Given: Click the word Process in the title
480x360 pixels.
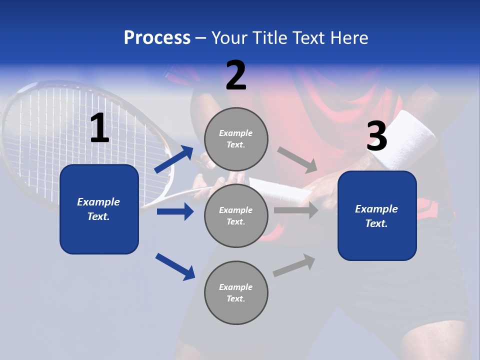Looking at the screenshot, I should (x=157, y=38).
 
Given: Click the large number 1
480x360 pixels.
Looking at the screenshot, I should (x=99, y=128).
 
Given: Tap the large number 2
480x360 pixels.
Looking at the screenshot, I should (x=236, y=75).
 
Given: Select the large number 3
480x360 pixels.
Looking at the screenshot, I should (x=376, y=137).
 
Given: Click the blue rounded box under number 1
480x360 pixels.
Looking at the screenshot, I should (x=99, y=209).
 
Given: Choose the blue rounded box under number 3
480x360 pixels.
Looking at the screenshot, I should (x=377, y=215).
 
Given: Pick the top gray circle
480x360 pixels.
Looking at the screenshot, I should (x=236, y=139).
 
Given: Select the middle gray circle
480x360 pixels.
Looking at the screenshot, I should (x=236, y=215).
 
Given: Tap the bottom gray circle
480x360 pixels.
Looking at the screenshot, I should (x=236, y=292).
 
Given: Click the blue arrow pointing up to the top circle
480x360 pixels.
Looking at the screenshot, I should (x=174, y=159).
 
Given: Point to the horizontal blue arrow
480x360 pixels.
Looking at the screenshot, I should (x=175, y=211).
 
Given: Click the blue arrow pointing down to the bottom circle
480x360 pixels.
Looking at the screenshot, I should (x=175, y=266).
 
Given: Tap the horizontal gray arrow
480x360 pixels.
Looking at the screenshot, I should (x=295, y=210).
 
